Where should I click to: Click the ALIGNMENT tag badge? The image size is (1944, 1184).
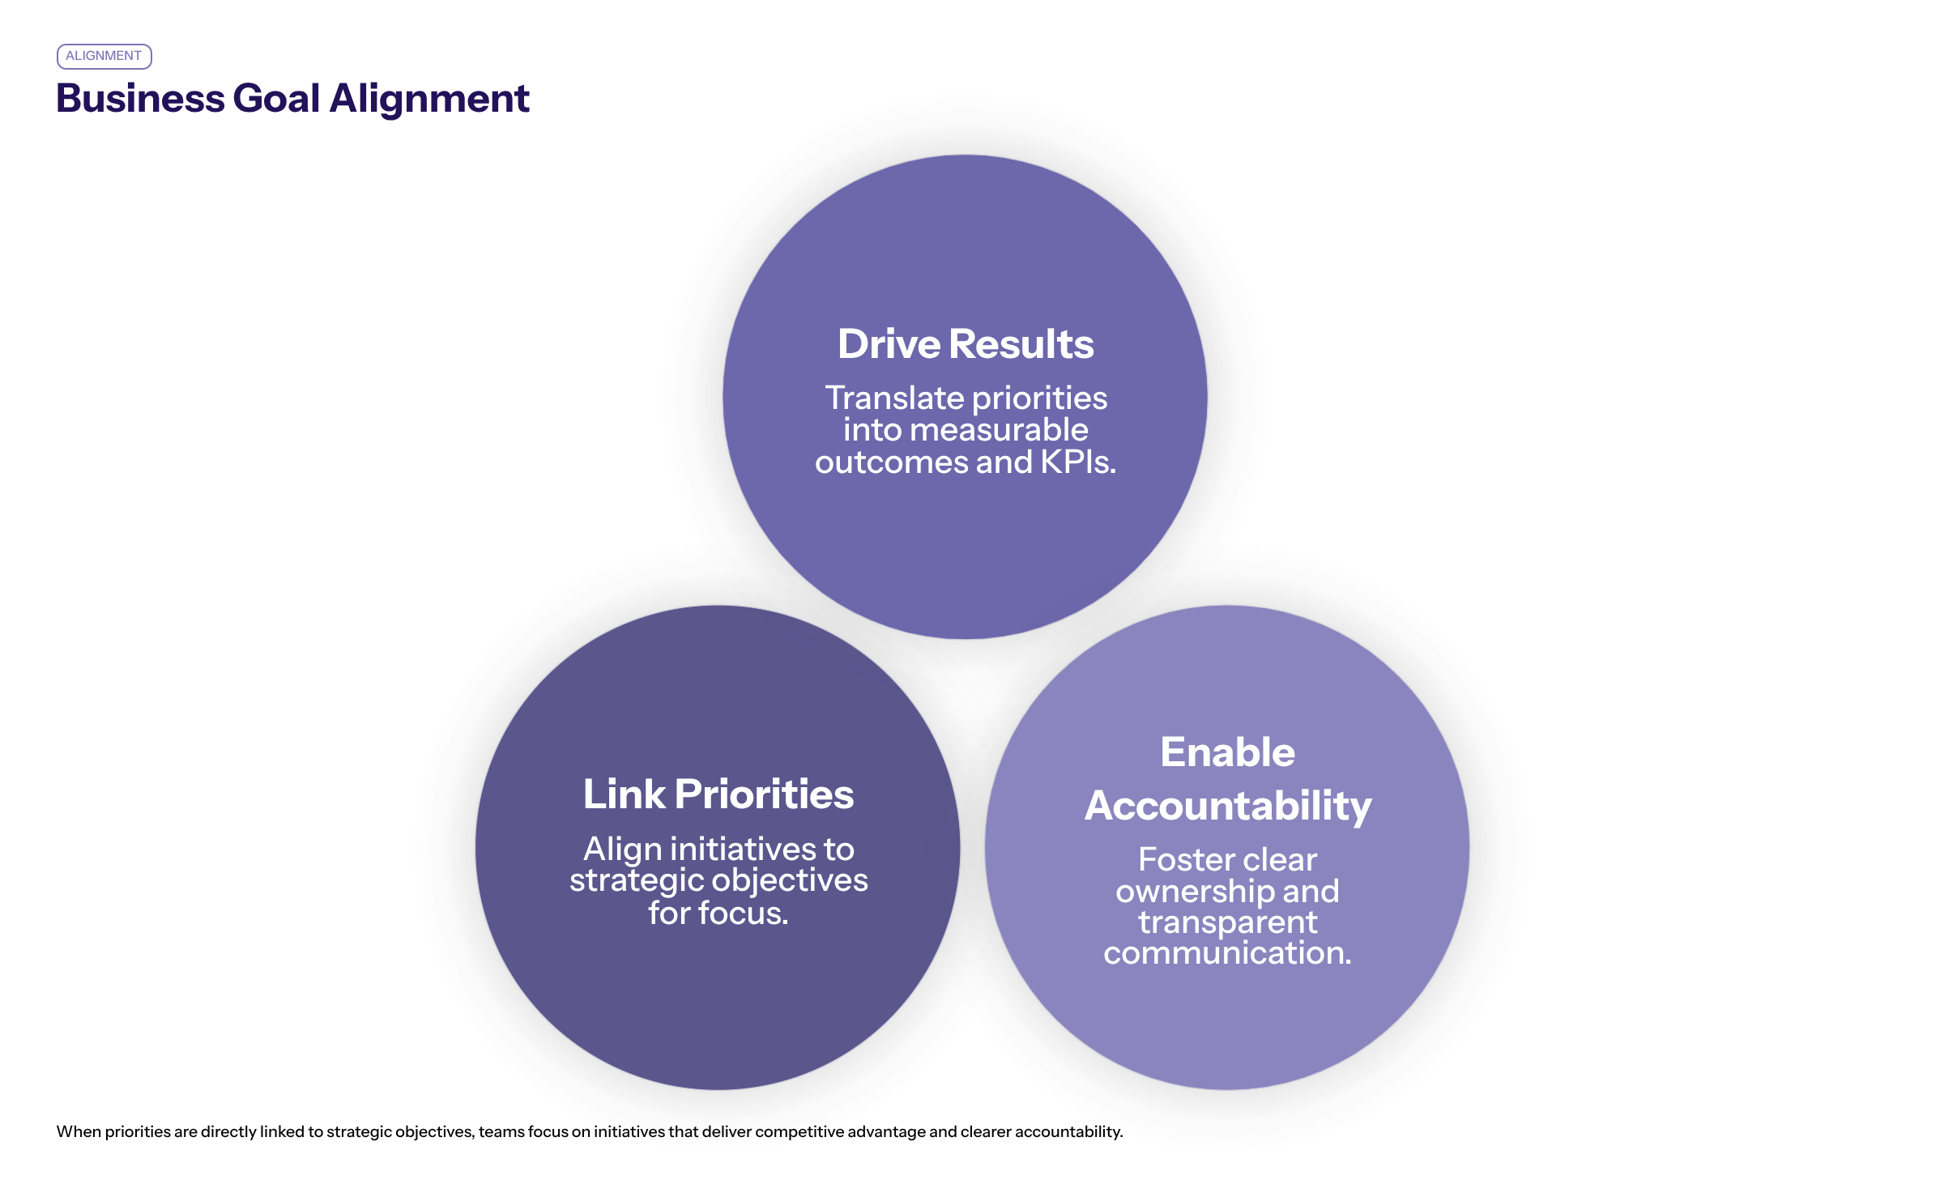[104, 56]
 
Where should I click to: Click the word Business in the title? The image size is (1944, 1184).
[140, 99]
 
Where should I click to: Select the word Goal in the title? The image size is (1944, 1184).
[276, 99]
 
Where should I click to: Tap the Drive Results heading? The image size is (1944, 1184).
[965, 344]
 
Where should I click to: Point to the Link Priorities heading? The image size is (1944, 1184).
[718, 794]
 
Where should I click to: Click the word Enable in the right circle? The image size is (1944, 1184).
[1227, 752]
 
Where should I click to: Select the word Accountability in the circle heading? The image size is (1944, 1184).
[1227, 807]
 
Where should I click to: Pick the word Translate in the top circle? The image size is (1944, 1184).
[893, 398]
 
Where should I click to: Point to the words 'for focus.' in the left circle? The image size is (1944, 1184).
[718, 914]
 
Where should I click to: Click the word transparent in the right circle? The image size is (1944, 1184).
[1227, 922]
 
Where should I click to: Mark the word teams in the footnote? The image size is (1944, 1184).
[501, 1132]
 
